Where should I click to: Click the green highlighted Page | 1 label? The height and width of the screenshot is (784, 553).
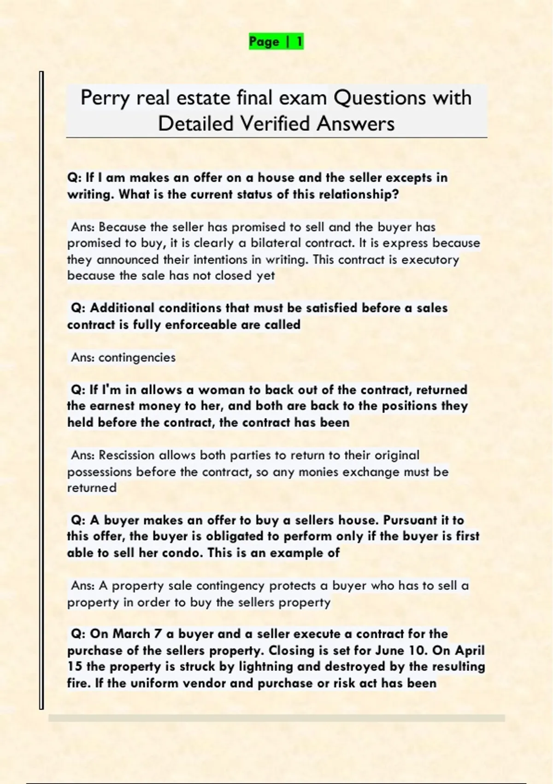[276, 42]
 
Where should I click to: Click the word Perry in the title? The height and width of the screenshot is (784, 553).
[106, 98]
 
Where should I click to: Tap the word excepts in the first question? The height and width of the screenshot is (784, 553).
[408, 178]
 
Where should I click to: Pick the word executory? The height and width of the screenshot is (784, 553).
[430, 260]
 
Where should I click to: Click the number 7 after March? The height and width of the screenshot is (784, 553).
[158, 634]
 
